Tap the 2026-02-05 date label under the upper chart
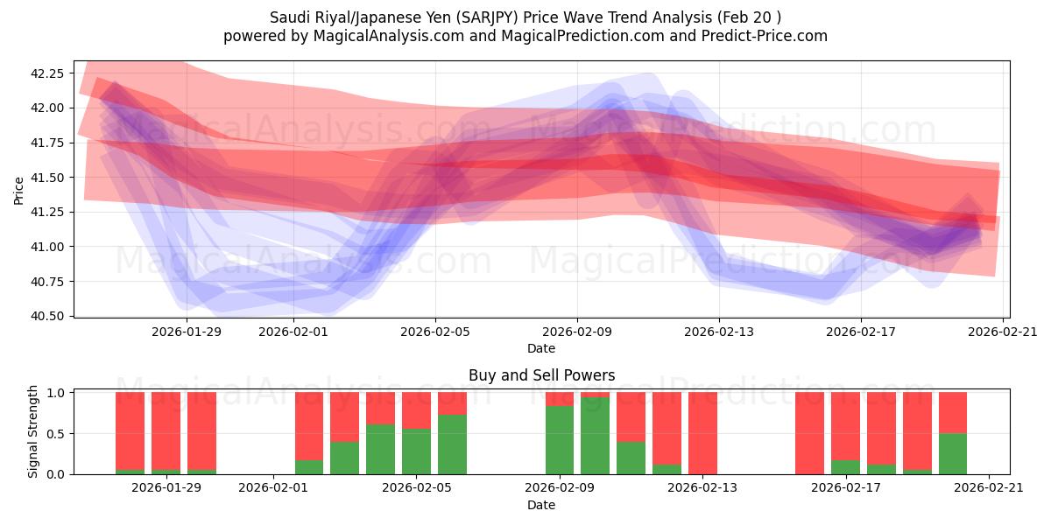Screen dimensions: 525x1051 tap(435, 332)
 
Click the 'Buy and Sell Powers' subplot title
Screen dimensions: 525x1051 tap(541, 375)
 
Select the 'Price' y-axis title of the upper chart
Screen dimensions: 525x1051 tap(19, 190)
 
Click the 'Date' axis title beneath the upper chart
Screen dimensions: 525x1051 tap(541, 348)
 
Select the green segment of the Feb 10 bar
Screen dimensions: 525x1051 tap(596, 436)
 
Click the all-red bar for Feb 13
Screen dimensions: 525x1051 tap(702, 433)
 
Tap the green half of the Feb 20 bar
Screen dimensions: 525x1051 tap(953, 453)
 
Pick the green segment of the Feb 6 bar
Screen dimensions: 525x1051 tap(452, 444)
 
